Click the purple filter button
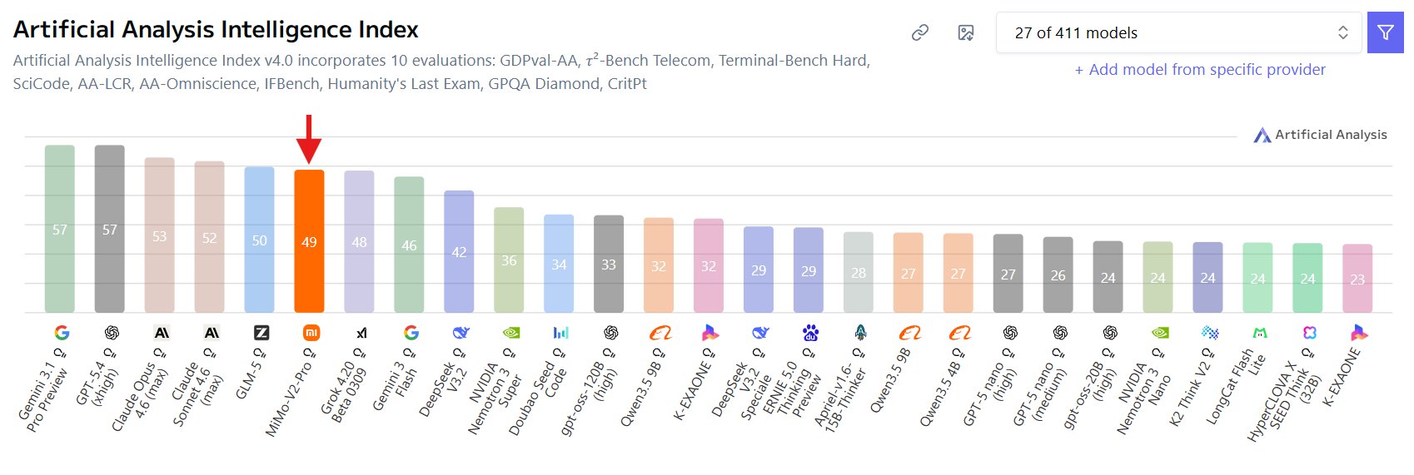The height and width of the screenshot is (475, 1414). click(x=1385, y=32)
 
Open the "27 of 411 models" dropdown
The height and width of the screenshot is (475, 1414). click(x=1178, y=32)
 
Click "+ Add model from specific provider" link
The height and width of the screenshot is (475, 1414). click(x=1200, y=70)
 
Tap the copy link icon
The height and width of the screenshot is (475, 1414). click(x=920, y=32)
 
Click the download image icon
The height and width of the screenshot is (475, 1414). click(x=966, y=32)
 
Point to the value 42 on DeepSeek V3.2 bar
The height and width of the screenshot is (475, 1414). click(x=459, y=252)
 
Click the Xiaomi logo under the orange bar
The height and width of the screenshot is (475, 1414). click(x=311, y=333)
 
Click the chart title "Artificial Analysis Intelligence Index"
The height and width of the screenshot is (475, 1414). click(x=216, y=30)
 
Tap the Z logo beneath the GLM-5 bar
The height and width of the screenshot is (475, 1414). click(x=261, y=333)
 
